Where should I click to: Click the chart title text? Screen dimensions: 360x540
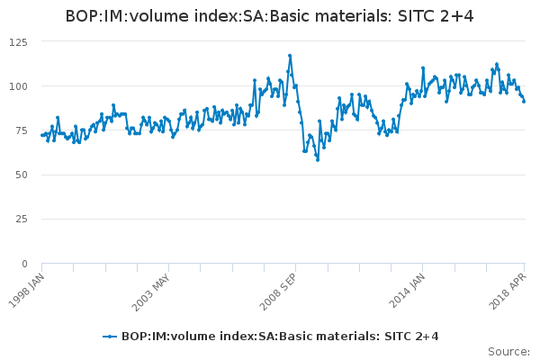[270, 17]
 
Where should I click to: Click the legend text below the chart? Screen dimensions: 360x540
[280, 336]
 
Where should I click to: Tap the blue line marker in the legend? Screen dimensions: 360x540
[110, 336]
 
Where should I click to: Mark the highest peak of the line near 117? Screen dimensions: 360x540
[290, 55]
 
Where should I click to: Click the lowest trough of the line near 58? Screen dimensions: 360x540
[317, 159]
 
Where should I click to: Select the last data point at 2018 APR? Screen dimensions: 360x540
[524, 101]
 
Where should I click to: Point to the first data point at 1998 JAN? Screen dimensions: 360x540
[41, 135]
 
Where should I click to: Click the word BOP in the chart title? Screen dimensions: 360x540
[83, 17]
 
